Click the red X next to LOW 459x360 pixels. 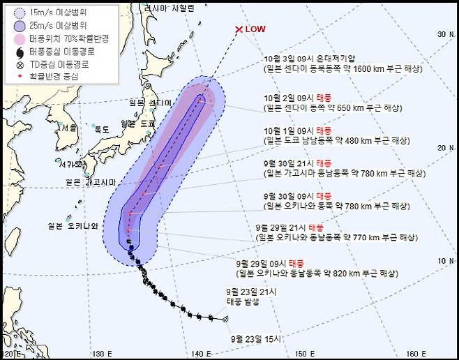(x=239, y=29)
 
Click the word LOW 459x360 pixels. (x=256, y=29)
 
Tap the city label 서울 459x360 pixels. (x=68, y=128)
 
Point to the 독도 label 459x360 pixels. (x=102, y=128)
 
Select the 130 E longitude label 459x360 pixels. (x=103, y=352)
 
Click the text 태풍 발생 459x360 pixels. (x=243, y=301)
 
